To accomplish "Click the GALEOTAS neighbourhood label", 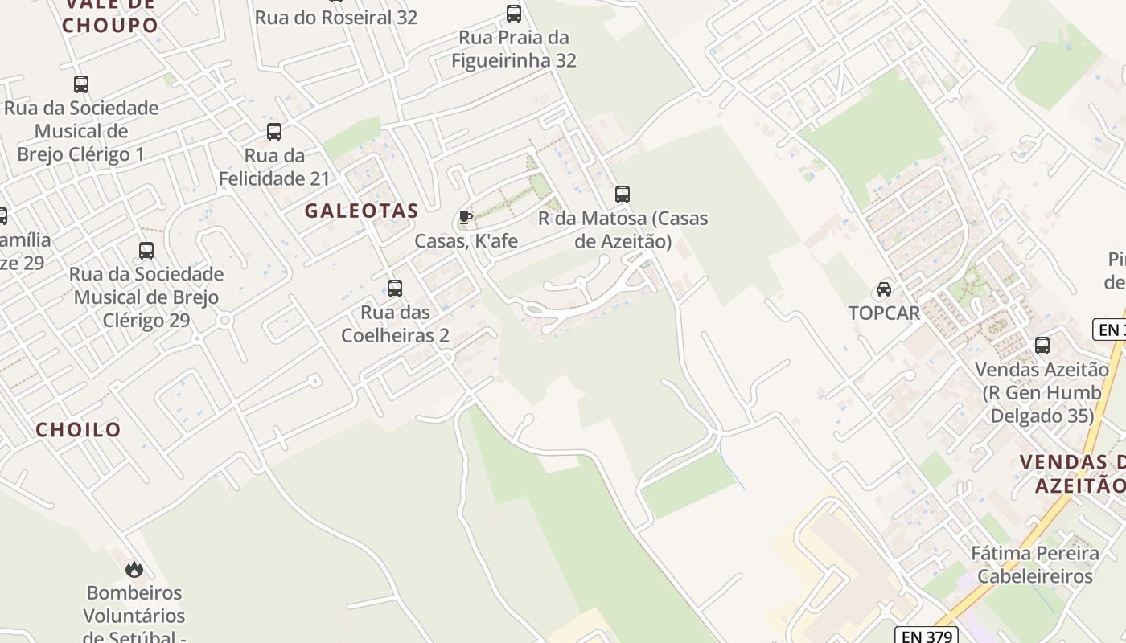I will (361, 211).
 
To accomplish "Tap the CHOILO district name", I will (78, 429).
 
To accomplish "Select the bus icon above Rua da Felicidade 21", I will (274, 132).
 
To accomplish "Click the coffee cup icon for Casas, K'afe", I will (465, 217).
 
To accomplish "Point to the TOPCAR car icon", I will (883, 289).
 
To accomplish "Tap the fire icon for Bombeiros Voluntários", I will (134, 569).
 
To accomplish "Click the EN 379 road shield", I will (926, 636).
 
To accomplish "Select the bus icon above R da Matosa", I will (622, 194).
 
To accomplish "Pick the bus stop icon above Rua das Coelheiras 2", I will (394, 288).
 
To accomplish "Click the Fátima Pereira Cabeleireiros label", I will (1035, 564).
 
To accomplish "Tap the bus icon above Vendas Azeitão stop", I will (1042, 346).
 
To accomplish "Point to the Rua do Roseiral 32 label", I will (336, 17).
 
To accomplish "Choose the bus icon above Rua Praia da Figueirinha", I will (513, 14).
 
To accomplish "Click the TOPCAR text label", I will (884, 313).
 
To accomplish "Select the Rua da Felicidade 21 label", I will (274, 166).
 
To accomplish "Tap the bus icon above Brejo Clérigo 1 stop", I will (80, 84).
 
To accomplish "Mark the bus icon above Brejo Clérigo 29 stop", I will (146, 251).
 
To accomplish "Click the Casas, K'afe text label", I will (466, 240).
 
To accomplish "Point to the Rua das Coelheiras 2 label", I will (395, 323).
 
